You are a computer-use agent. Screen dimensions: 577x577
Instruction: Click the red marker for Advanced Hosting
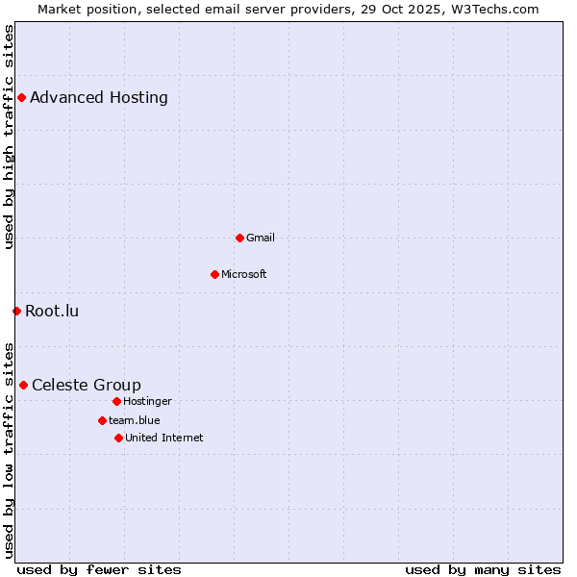(x=21, y=97)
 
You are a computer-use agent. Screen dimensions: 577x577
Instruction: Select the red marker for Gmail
(x=239, y=238)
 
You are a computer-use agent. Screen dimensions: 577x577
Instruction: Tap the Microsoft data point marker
(x=214, y=274)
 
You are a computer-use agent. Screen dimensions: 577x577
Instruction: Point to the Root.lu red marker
(x=16, y=311)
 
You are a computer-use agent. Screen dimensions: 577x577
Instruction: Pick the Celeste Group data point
(x=23, y=385)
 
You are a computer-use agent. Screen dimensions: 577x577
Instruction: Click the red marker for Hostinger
(x=116, y=401)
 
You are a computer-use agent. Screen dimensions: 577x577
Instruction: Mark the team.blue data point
(x=102, y=420)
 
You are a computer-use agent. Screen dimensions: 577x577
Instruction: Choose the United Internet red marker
(x=118, y=438)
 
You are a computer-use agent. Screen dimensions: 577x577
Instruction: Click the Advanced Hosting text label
(x=99, y=97)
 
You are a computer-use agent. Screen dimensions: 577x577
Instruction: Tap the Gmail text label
(x=261, y=238)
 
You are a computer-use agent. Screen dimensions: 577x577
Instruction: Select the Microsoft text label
(x=244, y=274)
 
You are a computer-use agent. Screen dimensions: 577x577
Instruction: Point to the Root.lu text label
(x=52, y=311)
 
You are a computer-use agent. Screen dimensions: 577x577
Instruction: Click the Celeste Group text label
(x=87, y=385)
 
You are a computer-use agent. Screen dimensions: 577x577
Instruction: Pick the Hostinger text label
(x=147, y=401)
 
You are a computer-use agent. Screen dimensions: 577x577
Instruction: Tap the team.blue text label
(x=135, y=420)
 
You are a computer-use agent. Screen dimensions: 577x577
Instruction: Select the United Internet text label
(x=164, y=438)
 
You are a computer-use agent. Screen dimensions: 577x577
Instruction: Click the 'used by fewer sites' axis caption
(x=99, y=569)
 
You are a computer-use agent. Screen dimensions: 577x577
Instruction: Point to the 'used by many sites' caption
(x=483, y=569)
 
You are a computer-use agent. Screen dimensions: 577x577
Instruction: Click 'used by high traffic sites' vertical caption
(x=9, y=137)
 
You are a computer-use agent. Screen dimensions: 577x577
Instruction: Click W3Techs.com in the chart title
(x=492, y=9)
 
